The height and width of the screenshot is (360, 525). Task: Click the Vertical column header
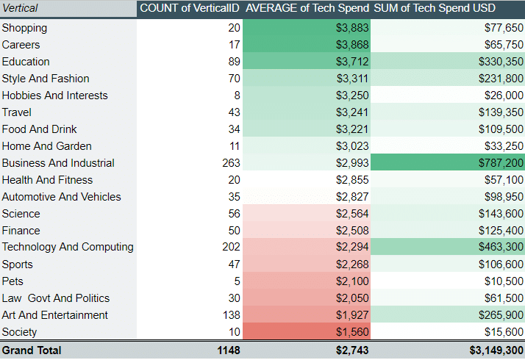tap(21, 8)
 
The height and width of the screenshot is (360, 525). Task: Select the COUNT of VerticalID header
tap(189, 8)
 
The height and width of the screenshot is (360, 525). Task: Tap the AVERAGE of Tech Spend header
tap(307, 8)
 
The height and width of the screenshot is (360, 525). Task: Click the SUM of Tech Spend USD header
tap(435, 8)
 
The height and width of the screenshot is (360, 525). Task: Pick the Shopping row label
tap(24, 28)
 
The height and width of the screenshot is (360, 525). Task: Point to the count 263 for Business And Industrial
tap(230, 163)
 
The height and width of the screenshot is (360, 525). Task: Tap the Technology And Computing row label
tap(68, 248)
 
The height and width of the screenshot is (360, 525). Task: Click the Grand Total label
tap(32, 350)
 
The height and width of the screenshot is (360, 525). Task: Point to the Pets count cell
tap(236, 281)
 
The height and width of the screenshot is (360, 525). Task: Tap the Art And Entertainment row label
tap(55, 315)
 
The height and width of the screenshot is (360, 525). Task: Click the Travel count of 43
tap(233, 112)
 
